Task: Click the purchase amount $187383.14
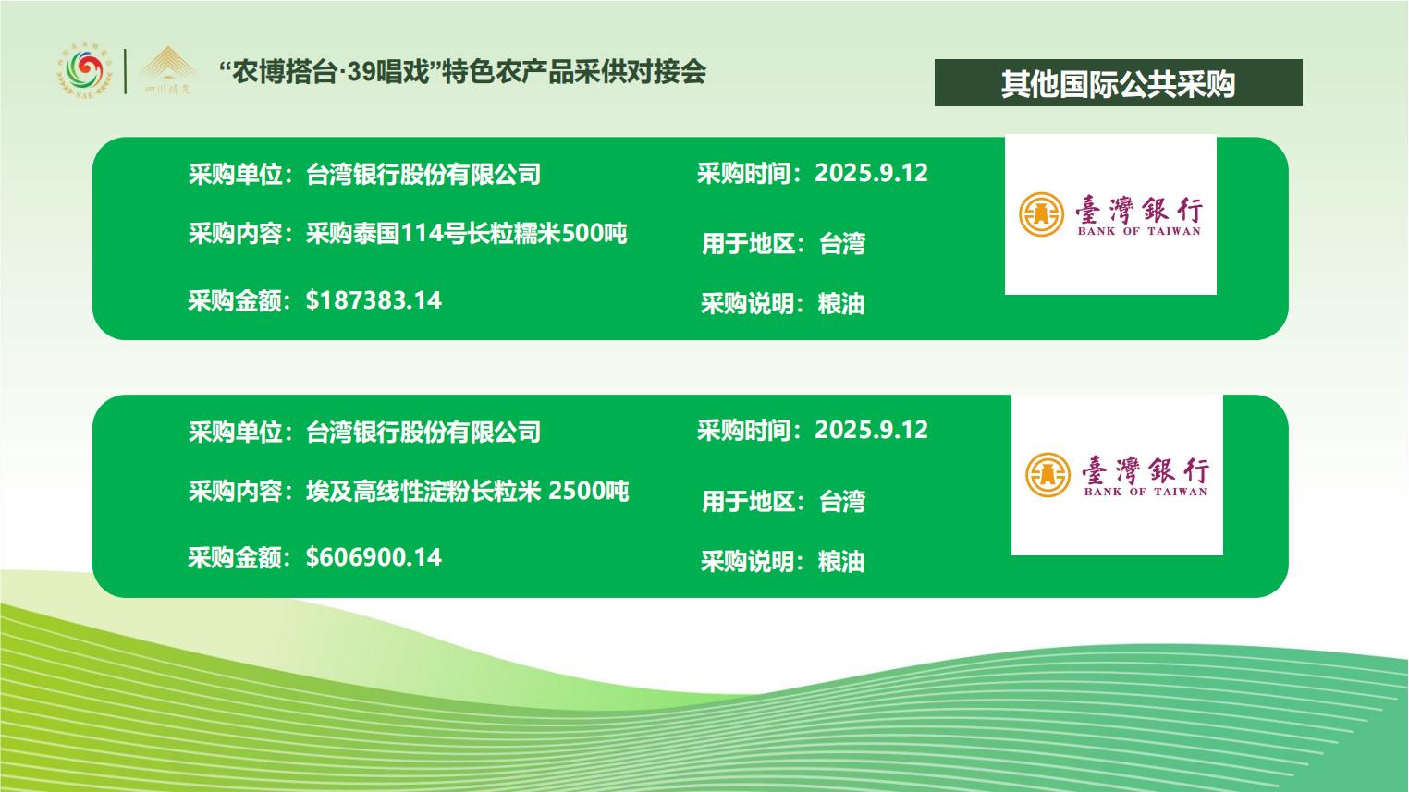374,300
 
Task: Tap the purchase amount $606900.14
374,557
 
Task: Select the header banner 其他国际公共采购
1119,83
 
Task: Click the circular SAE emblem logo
84,72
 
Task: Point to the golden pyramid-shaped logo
166,70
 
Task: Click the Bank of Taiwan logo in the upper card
1110,214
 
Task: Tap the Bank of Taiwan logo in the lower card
1117,475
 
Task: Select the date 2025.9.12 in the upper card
871,174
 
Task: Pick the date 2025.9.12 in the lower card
871,431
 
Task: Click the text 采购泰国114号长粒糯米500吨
467,234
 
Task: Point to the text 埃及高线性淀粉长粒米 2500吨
468,491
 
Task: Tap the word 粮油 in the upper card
841,304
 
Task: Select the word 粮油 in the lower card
841,561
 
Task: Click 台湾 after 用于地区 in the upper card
842,244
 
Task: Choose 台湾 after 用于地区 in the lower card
842,502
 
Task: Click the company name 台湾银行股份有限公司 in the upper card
423,174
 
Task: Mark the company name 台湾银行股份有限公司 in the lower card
423,432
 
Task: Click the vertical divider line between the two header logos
125,72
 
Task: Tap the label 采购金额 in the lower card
235,557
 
